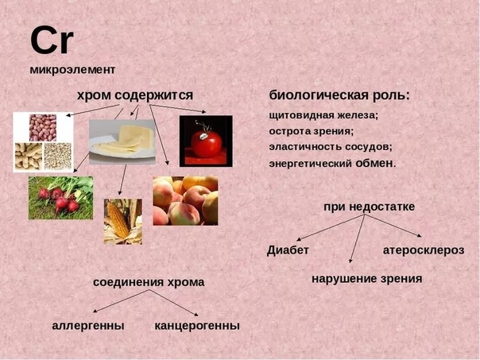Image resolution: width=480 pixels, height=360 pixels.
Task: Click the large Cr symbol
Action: (52, 40)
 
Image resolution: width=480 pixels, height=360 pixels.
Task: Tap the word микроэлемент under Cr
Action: (72, 69)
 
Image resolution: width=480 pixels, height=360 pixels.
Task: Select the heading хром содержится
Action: (135, 95)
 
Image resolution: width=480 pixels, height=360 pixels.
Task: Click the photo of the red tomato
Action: (206, 141)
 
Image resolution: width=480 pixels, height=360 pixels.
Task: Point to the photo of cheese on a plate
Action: (122, 141)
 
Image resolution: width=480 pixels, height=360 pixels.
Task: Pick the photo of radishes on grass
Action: (61, 198)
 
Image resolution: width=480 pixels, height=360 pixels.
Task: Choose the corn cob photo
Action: (123, 222)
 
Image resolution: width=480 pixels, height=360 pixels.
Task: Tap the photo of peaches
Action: (185, 200)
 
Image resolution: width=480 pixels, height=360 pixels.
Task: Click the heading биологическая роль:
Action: (339, 95)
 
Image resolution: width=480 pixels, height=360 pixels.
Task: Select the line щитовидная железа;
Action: (324, 115)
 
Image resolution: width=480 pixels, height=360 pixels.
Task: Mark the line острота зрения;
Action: (312, 131)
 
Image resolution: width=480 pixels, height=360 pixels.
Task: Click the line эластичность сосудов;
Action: (331, 147)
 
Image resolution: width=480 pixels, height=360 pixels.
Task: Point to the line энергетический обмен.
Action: (332, 163)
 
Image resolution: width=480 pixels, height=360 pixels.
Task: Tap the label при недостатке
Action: (370, 207)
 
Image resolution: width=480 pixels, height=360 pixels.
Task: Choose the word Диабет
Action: (288, 250)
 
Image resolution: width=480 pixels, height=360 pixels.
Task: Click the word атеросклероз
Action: (424, 250)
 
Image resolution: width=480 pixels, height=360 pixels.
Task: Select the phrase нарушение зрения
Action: (367, 279)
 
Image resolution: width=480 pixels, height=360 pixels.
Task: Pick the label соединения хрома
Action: (149, 282)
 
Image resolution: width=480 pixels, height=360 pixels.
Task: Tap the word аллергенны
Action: (88, 325)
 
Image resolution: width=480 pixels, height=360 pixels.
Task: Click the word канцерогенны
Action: (197, 325)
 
